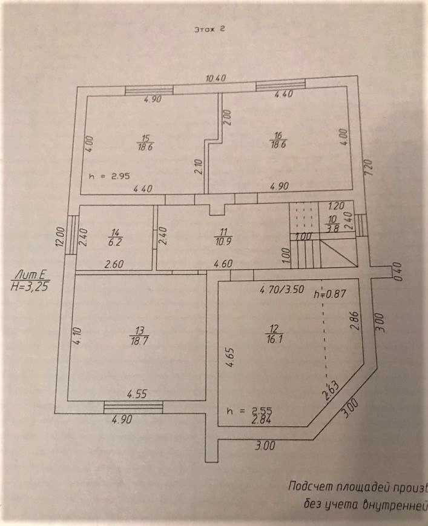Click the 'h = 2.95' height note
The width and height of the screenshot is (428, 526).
[108, 177]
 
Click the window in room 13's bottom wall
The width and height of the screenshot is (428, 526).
[133, 407]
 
